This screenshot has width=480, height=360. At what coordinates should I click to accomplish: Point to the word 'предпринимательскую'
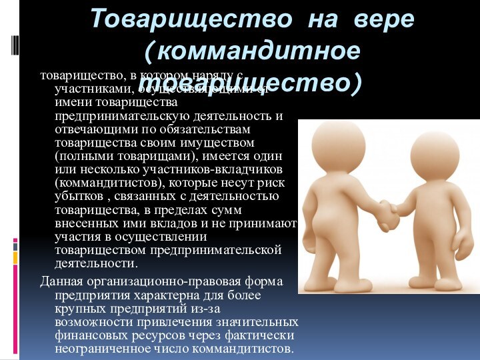(121, 116)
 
